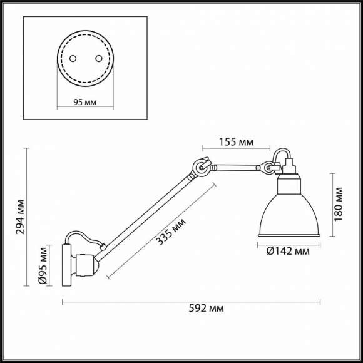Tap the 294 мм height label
pos(21,215)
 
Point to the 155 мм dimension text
pos(237,143)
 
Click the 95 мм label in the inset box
pos(85,102)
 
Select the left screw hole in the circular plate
pos(73,58)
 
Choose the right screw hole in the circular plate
pos(98,58)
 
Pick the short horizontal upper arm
pos(235,167)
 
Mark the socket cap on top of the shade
pos(289,170)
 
